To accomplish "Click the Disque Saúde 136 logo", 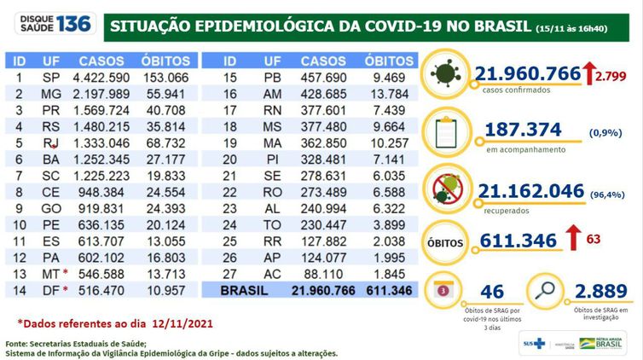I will tap(50, 24).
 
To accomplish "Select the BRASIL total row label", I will tap(245, 291).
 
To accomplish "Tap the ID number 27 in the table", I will tap(229, 274).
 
